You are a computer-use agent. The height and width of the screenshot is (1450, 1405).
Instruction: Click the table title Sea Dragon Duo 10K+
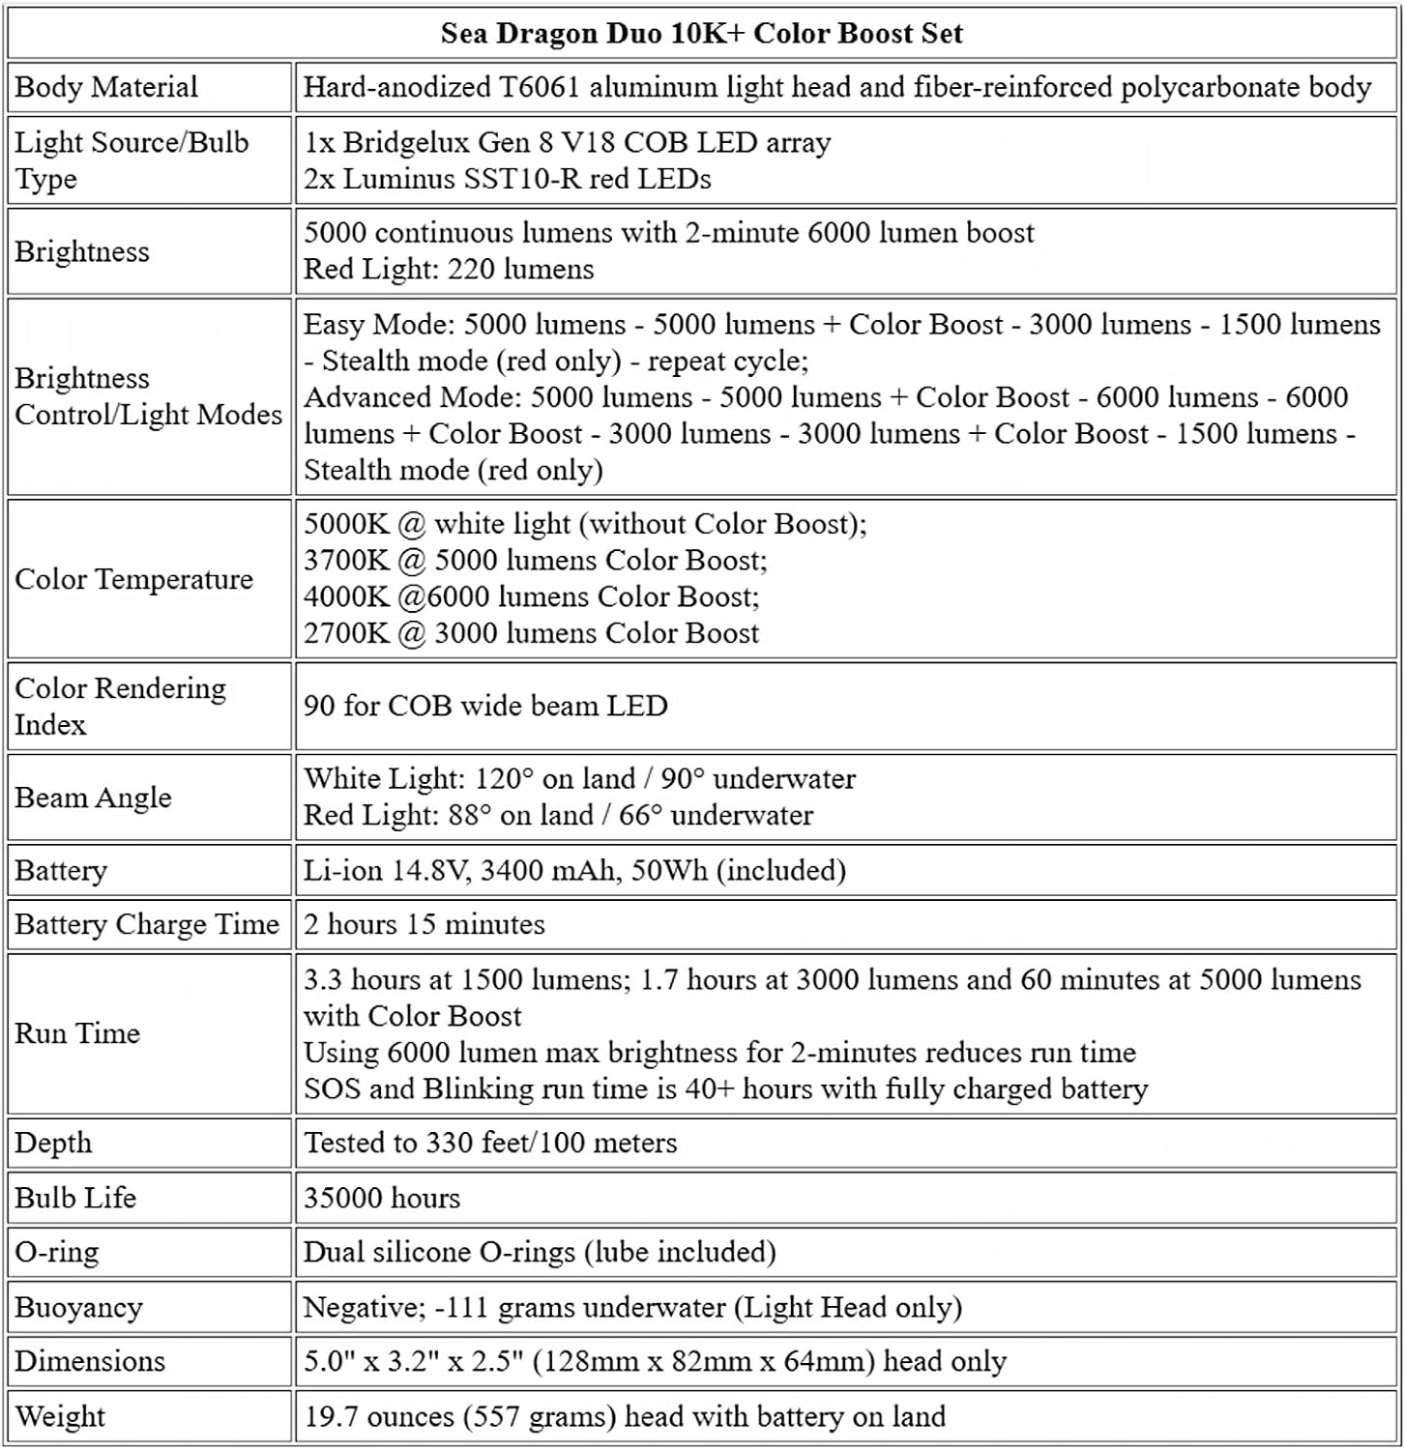[701, 34]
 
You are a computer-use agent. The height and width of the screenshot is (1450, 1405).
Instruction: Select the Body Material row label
[106, 87]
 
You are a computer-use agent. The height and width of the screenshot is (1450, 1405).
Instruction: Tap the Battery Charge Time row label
[146, 924]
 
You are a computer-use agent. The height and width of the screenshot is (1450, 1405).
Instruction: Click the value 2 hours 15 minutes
[424, 924]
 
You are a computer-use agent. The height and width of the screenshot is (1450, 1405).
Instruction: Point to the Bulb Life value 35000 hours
[381, 1198]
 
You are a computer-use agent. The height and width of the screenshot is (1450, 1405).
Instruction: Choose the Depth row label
[53, 1143]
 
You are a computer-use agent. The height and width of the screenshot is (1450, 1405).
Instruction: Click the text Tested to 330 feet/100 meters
[490, 1143]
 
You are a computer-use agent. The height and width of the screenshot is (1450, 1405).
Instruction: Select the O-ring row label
[56, 1252]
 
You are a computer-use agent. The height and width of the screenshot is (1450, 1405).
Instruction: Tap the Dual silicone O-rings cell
[540, 1252]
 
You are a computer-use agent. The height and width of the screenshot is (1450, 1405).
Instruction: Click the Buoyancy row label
[78, 1307]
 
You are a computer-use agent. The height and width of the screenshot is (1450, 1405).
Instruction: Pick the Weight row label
[60, 1416]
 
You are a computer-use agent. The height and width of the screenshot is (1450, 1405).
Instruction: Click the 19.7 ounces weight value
[624, 1416]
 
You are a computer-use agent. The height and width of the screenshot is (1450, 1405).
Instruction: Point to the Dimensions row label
[90, 1361]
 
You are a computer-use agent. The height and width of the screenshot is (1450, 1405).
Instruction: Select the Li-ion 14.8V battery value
[574, 870]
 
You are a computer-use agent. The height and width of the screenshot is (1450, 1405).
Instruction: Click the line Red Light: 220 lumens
[449, 270]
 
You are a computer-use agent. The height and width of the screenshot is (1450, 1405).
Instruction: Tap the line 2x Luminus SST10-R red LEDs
[507, 179]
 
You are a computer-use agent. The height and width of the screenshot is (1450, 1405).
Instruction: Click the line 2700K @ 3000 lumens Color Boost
[531, 633]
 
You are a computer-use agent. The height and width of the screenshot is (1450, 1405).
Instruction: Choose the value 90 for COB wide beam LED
[485, 706]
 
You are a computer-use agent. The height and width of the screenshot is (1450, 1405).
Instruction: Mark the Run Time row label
[77, 1033]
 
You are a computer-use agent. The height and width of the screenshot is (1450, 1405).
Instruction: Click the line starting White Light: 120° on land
[579, 778]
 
